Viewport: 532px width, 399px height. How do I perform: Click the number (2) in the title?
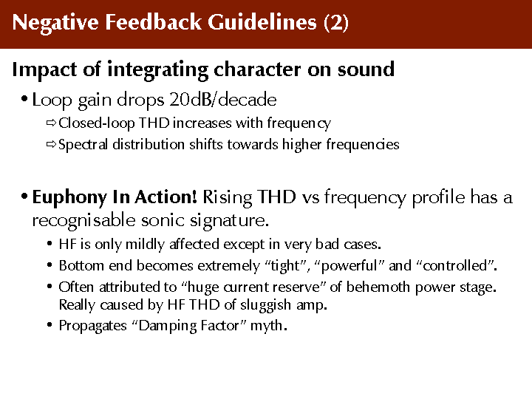click(x=336, y=22)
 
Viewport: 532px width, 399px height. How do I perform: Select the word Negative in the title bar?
click(x=55, y=23)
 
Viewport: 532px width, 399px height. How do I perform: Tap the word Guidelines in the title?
click(x=262, y=22)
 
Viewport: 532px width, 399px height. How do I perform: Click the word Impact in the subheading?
click(x=44, y=70)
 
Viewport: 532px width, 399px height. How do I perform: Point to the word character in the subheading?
click(x=257, y=69)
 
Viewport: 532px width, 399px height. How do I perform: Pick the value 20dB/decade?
click(x=223, y=100)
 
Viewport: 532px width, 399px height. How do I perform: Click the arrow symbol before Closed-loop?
click(x=51, y=123)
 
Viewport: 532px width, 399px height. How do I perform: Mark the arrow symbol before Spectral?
click(x=51, y=145)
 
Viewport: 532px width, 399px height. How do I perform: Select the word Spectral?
click(x=83, y=145)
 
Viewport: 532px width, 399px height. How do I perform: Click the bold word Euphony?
click(x=69, y=198)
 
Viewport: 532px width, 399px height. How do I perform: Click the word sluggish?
click(x=266, y=305)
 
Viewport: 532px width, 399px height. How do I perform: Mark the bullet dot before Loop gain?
click(x=24, y=100)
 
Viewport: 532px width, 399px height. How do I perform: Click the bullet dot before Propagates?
click(x=50, y=325)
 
